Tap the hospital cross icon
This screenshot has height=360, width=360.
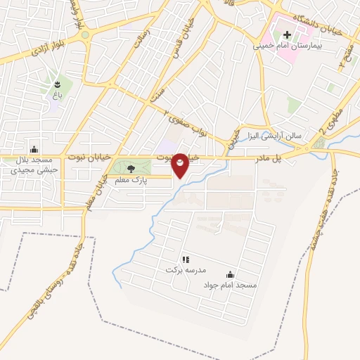[x=287, y=34]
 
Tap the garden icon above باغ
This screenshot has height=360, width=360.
[x=57, y=84]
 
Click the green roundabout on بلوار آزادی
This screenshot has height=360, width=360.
[x=85, y=34]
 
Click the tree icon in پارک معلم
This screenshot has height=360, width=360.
[x=130, y=168]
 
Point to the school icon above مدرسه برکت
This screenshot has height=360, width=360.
[x=185, y=259]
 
